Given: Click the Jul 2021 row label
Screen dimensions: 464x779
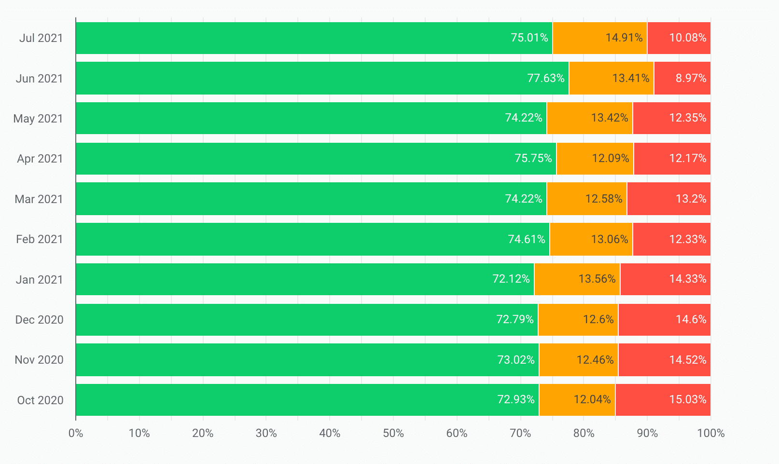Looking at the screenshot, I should pyautogui.click(x=41, y=38).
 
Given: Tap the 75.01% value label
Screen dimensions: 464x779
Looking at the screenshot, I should pyautogui.click(x=529, y=38).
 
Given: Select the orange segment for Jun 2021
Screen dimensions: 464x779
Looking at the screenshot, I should pyautogui.click(x=611, y=78).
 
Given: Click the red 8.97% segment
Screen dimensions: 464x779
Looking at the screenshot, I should pyautogui.click(x=682, y=78).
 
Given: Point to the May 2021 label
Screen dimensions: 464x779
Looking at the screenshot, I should pyautogui.click(x=38, y=119).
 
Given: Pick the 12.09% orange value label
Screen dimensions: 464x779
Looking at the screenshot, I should pyautogui.click(x=611, y=158).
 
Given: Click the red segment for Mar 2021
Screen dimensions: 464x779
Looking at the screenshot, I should pyautogui.click(x=668, y=199).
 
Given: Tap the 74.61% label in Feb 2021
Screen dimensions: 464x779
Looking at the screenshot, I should pyautogui.click(x=526, y=239).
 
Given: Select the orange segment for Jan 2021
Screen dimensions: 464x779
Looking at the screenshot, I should pyautogui.click(x=577, y=279).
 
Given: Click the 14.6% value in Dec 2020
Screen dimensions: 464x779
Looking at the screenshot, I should pyautogui.click(x=691, y=319).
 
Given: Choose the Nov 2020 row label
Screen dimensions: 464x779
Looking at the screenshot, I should pyautogui.click(x=39, y=360).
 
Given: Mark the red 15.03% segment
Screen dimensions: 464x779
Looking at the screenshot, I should pyautogui.click(x=663, y=400).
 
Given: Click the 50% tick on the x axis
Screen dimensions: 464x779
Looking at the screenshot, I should pyautogui.click(x=393, y=433).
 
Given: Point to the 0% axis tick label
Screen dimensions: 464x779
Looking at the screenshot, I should pyautogui.click(x=76, y=433).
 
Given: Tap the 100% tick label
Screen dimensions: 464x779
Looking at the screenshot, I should pyautogui.click(x=710, y=433).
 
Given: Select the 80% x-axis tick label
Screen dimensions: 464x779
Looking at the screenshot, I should pyautogui.click(x=584, y=433).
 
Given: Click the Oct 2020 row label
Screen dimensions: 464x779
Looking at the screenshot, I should pyautogui.click(x=40, y=400).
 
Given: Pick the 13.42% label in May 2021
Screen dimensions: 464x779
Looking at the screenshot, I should pyautogui.click(x=610, y=118).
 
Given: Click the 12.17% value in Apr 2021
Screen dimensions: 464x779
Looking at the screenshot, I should pyautogui.click(x=687, y=158).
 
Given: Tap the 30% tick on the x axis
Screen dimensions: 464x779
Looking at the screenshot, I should pyautogui.click(x=266, y=433).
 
